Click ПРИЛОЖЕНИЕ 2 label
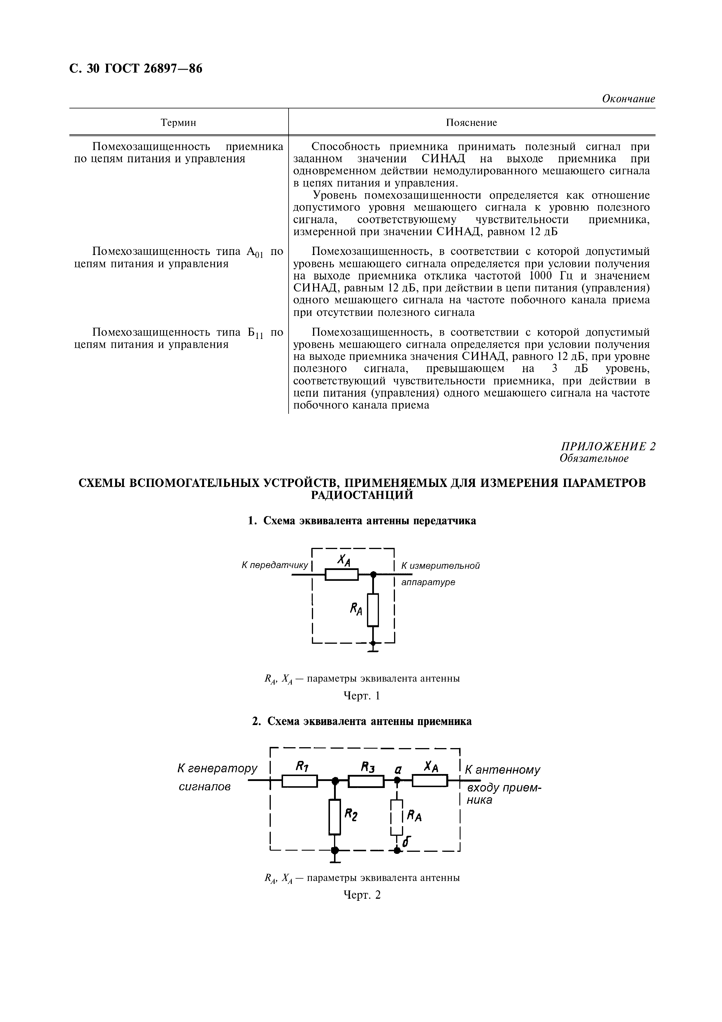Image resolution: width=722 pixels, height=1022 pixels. click(x=608, y=446)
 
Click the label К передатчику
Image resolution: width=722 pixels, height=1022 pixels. click(x=275, y=565)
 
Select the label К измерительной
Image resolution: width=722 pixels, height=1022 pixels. click(x=440, y=566)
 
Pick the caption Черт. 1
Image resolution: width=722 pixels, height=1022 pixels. click(x=362, y=696)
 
